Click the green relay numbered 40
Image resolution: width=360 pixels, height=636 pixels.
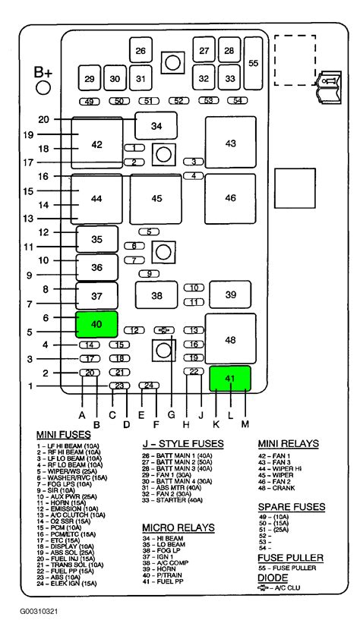(96, 324)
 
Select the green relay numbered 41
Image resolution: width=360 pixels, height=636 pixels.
(229, 377)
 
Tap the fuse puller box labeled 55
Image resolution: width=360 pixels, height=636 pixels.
(254, 64)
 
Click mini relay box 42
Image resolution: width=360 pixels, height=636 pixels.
(96, 143)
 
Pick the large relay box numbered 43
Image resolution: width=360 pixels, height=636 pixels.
(231, 143)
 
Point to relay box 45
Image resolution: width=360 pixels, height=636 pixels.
(156, 199)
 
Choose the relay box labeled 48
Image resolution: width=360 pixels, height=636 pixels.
(231, 340)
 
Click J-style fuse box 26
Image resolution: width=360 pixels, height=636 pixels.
(140, 51)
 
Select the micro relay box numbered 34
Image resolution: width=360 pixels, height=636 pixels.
(156, 125)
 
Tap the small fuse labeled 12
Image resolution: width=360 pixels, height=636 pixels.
(134, 330)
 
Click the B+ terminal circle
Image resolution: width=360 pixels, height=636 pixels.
(43, 88)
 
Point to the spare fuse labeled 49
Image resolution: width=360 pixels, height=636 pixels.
(90, 101)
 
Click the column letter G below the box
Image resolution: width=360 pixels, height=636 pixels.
(171, 414)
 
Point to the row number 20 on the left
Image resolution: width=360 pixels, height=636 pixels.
(44, 119)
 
